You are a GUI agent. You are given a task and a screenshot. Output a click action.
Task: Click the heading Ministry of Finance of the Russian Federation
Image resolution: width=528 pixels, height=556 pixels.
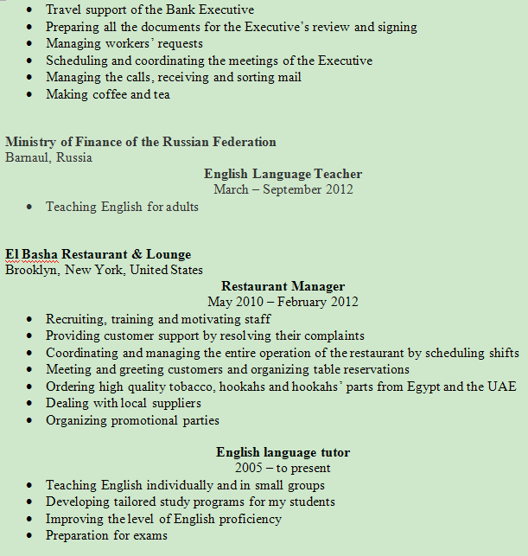pyautogui.click(x=140, y=142)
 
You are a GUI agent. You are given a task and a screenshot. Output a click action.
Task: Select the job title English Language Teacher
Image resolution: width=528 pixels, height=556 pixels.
pyautogui.click(x=283, y=174)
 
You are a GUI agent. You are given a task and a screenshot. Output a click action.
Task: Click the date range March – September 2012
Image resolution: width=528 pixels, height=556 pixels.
pyautogui.click(x=283, y=189)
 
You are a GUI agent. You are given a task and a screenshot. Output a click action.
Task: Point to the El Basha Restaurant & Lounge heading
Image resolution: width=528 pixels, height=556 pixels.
pyautogui.click(x=98, y=254)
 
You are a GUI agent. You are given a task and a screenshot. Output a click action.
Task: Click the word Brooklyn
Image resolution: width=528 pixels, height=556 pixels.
pyautogui.click(x=31, y=270)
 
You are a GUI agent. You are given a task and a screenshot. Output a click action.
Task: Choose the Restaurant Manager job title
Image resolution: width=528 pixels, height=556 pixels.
pyautogui.click(x=283, y=286)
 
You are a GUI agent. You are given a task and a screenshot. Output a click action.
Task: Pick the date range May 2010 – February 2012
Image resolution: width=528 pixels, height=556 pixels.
pyautogui.click(x=283, y=302)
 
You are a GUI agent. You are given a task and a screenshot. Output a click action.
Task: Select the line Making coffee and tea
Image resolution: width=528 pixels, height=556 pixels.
pyautogui.click(x=108, y=94)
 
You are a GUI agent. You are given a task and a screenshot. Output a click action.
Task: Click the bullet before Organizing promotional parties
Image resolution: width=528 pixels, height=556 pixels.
pyautogui.click(x=29, y=421)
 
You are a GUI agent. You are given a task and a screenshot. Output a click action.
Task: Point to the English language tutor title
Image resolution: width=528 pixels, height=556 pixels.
pyautogui.click(x=283, y=452)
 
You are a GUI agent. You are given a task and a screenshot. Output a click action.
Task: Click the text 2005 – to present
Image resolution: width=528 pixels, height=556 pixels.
pyautogui.click(x=283, y=468)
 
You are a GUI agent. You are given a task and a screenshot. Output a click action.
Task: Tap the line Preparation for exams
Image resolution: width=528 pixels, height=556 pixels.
pyautogui.click(x=106, y=535)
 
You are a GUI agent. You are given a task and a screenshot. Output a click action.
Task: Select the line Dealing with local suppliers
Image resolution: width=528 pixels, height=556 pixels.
pyautogui.click(x=124, y=403)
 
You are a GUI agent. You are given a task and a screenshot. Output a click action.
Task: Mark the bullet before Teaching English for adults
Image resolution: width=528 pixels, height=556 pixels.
pyautogui.click(x=29, y=208)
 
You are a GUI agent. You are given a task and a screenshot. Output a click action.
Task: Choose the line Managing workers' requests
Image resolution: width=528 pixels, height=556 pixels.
pyautogui.click(x=124, y=43)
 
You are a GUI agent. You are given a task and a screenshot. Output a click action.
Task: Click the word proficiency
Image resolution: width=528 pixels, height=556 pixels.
pyautogui.click(x=250, y=519)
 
